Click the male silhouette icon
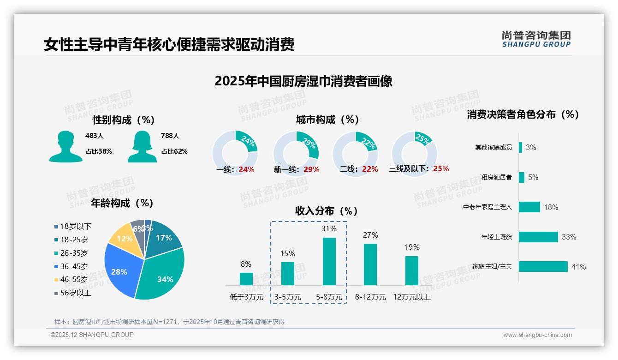coord(65,147)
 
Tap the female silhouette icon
coord(142,147)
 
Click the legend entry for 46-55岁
coord(71,280)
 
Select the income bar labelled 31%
coord(329,261)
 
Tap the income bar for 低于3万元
coord(246,279)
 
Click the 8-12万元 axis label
coord(370,297)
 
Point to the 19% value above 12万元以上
coord(412,247)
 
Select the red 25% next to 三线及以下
coord(441,169)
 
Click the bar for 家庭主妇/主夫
coord(543,267)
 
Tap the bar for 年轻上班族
coord(538,237)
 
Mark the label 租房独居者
coord(496,178)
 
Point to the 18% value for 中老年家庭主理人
coord(551,207)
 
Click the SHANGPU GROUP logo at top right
coord(536,39)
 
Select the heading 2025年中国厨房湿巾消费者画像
coord(303,82)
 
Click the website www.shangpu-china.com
coord(537,335)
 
